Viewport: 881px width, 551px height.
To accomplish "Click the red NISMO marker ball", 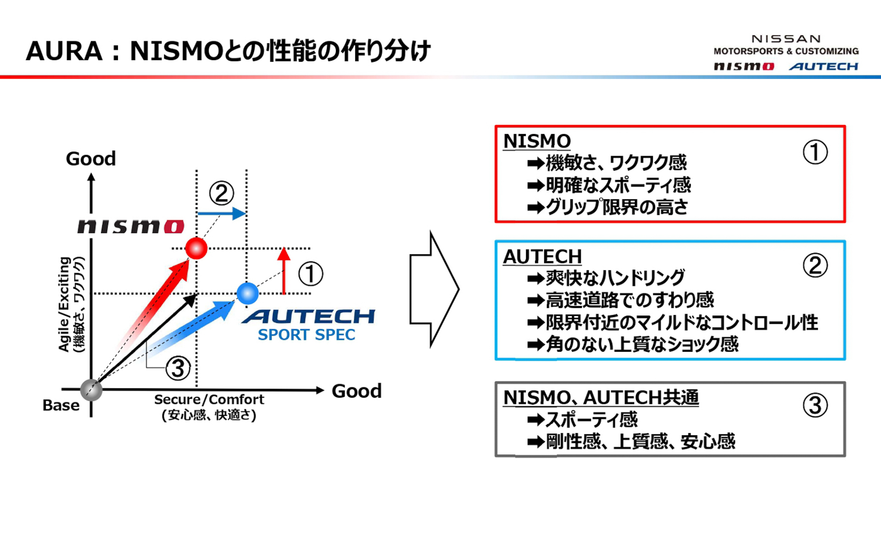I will click(x=196, y=248).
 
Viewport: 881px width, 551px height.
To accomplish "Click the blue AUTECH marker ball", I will click(x=248, y=293).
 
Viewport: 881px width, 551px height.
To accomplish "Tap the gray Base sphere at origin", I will click(x=91, y=390).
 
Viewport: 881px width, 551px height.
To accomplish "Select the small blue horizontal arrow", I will click(x=222, y=214).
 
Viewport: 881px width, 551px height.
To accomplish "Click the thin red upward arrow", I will click(x=284, y=271).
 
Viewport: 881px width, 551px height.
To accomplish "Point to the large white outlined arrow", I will click(x=434, y=289).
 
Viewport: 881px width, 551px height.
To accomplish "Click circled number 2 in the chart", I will click(x=222, y=193).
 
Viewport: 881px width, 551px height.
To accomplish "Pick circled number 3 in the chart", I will click(x=178, y=368).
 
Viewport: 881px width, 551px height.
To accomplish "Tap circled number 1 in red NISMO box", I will click(x=815, y=152).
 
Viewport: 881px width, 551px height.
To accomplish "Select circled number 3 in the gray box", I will click(x=815, y=405).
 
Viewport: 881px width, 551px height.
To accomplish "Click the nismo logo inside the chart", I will click(x=131, y=226).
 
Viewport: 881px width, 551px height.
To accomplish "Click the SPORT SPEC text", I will click(x=307, y=335).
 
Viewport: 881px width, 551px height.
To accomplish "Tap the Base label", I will click(x=61, y=405).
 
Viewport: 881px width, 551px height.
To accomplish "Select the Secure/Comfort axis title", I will click(x=209, y=399).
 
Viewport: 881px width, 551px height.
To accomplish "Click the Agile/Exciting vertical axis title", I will click(x=64, y=304).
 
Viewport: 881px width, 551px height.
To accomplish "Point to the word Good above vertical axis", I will click(x=91, y=159).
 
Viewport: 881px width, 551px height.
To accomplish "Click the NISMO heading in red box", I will click(x=537, y=141).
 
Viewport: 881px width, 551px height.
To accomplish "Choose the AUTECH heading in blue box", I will click(x=542, y=257).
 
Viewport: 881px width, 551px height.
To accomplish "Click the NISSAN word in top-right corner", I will click(x=786, y=39).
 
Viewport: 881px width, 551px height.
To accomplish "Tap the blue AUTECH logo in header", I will click(x=824, y=67).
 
